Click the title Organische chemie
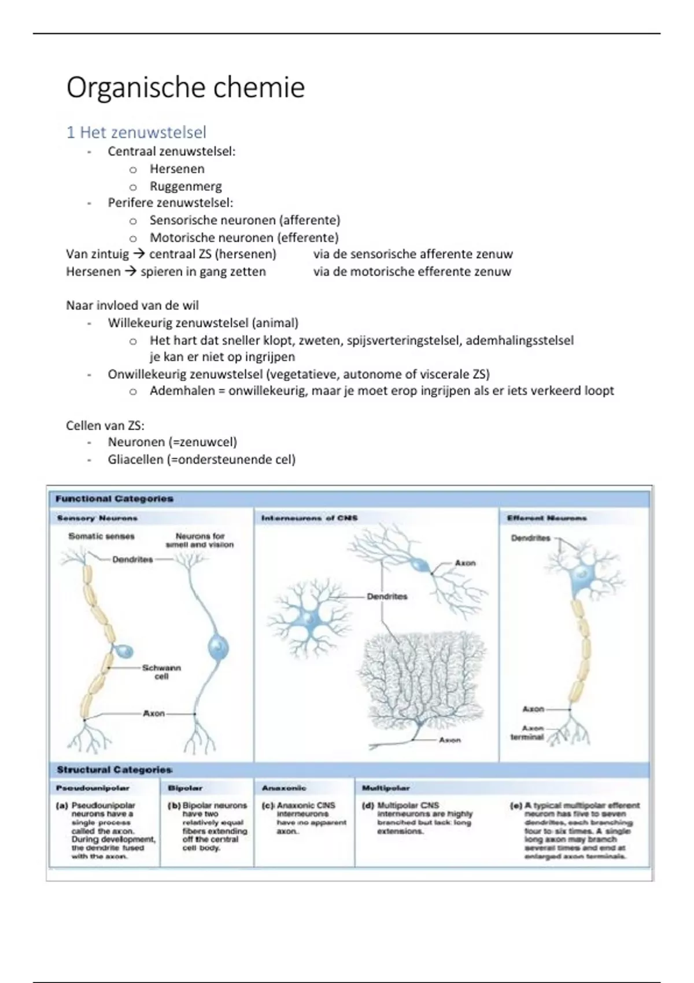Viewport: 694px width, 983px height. tap(185, 88)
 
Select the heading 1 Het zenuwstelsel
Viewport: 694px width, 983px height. tap(136, 132)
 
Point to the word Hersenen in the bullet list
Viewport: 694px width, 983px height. tap(177, 169)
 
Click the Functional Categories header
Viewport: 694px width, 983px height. tap(115, 498)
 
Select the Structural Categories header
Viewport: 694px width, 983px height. tap(115, 770)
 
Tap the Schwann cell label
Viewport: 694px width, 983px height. tap(161, 672)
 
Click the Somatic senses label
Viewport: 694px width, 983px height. tap(101, 536)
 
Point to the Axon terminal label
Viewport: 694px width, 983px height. tap(527, 733)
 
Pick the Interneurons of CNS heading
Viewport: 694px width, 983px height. tap(309, 518)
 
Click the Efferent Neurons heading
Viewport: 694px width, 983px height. tap(547, 518)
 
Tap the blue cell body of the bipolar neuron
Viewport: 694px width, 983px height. tap(218, 646)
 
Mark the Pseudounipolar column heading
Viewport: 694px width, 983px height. tap(93, 788)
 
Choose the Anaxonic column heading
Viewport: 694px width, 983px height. tap(284, 788)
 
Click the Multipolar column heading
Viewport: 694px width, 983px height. tap(386, 788)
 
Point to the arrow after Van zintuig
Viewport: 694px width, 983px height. tap(139, 254)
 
